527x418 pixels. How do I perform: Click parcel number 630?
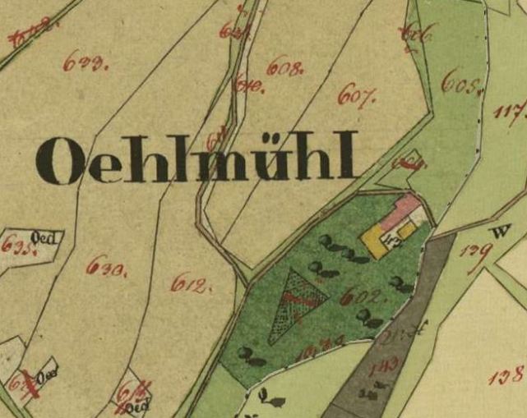tap(106, 265)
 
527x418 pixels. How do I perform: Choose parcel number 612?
tap(191, 285)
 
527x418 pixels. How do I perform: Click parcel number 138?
tap(505, 377)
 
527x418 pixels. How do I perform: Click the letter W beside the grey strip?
tap(495, 232)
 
